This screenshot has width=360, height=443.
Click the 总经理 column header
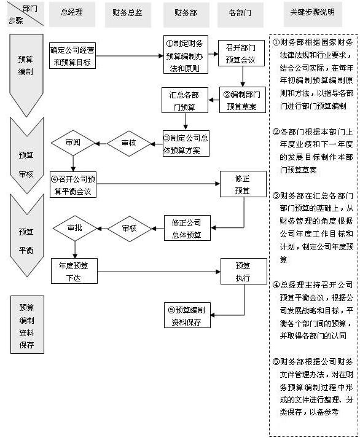72,13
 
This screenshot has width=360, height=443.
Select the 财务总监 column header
129,13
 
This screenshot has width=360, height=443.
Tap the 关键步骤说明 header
313,13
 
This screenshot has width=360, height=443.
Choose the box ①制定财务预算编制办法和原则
186,55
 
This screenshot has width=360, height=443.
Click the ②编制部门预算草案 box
243,100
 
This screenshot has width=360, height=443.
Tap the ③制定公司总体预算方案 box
186,144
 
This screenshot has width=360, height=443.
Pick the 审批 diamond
74,229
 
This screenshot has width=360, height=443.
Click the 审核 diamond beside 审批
129,229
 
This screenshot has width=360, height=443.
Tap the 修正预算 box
243,184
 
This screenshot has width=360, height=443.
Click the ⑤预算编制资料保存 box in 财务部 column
186,315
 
